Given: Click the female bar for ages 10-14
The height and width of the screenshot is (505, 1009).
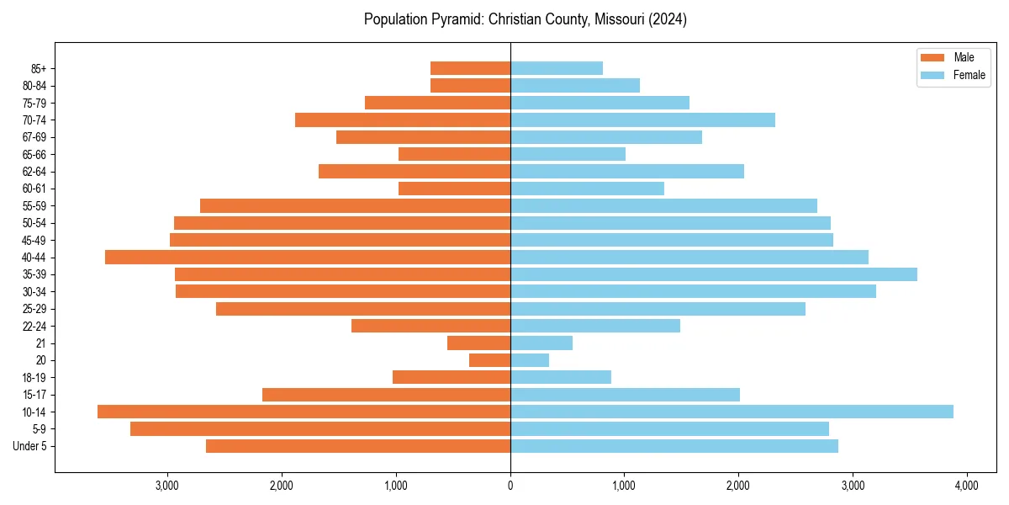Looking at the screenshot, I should (x=732, y=412).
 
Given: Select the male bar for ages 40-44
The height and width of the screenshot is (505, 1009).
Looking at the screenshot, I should (x=308, y=257).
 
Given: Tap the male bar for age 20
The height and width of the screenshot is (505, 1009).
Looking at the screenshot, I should (x=489, y=360).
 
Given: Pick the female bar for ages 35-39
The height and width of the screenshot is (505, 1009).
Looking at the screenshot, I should (x=714, y=274).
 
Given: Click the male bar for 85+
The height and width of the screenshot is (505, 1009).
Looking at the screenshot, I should (x=470, y=68).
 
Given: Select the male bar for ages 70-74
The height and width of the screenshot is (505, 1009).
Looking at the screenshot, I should (x=403, y=120).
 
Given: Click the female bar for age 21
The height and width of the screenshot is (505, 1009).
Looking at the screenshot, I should (x=541, y=343).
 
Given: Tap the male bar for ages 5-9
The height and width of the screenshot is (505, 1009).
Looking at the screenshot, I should (x=320, y=428).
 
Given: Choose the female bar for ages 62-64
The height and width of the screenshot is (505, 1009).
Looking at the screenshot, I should (x=627, y=171).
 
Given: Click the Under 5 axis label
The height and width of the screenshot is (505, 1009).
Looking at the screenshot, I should (x=30, y=446).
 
